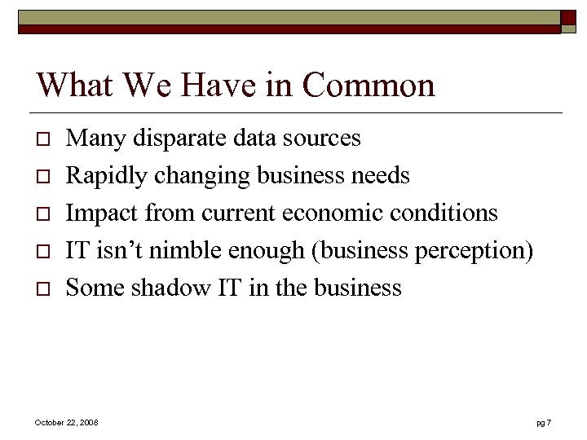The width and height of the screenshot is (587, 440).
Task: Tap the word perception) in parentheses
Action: tap(474, 250)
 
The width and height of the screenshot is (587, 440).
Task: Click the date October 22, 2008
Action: tap(67, 422)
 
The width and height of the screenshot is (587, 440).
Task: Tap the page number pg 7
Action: tap(544, 422)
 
